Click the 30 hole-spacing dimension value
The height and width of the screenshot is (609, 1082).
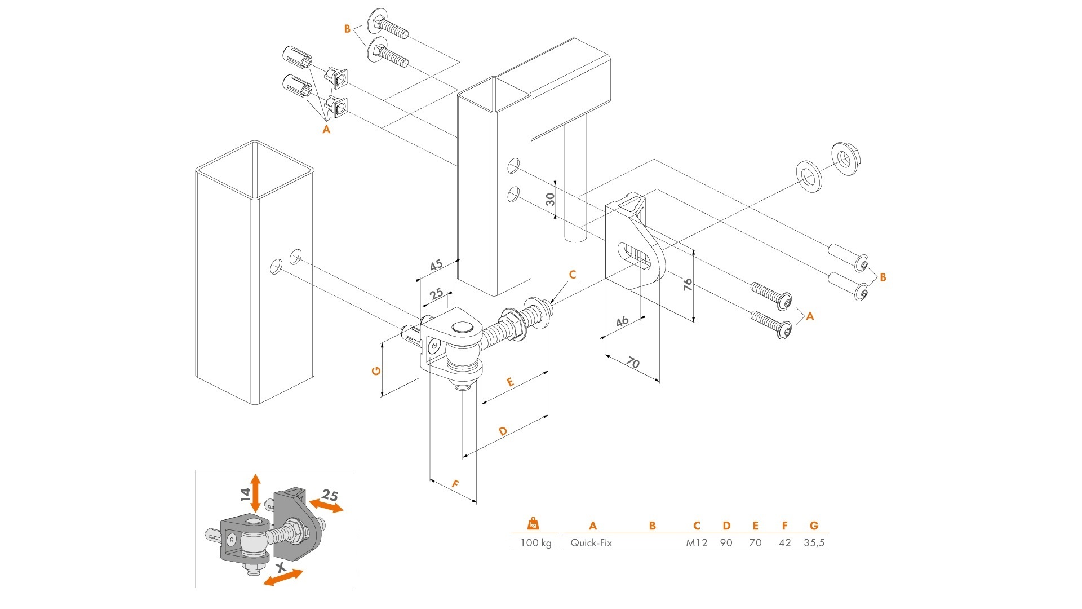point(551,199)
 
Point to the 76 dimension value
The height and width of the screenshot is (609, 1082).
point(688,284)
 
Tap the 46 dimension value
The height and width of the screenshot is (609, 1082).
point(622,321)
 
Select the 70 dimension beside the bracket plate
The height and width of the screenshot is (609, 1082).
point(633,363)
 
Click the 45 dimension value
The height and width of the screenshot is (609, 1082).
point(436,265)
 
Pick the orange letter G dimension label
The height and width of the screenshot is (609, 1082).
point(376,370)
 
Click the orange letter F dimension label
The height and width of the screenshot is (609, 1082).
point(455,484)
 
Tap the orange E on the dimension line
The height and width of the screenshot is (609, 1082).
point(510,382)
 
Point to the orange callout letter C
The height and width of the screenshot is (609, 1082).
point(573,275)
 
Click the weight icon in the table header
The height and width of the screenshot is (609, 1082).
point(533,524)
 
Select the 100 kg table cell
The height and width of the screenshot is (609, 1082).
point(535,543)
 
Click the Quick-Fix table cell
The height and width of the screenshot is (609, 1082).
point(591,543)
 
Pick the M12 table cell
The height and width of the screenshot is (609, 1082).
point(697,543)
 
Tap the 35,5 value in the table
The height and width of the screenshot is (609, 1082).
point(814,543)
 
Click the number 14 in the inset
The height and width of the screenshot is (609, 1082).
point(245,495)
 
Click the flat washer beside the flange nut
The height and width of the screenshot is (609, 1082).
point(809,176)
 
